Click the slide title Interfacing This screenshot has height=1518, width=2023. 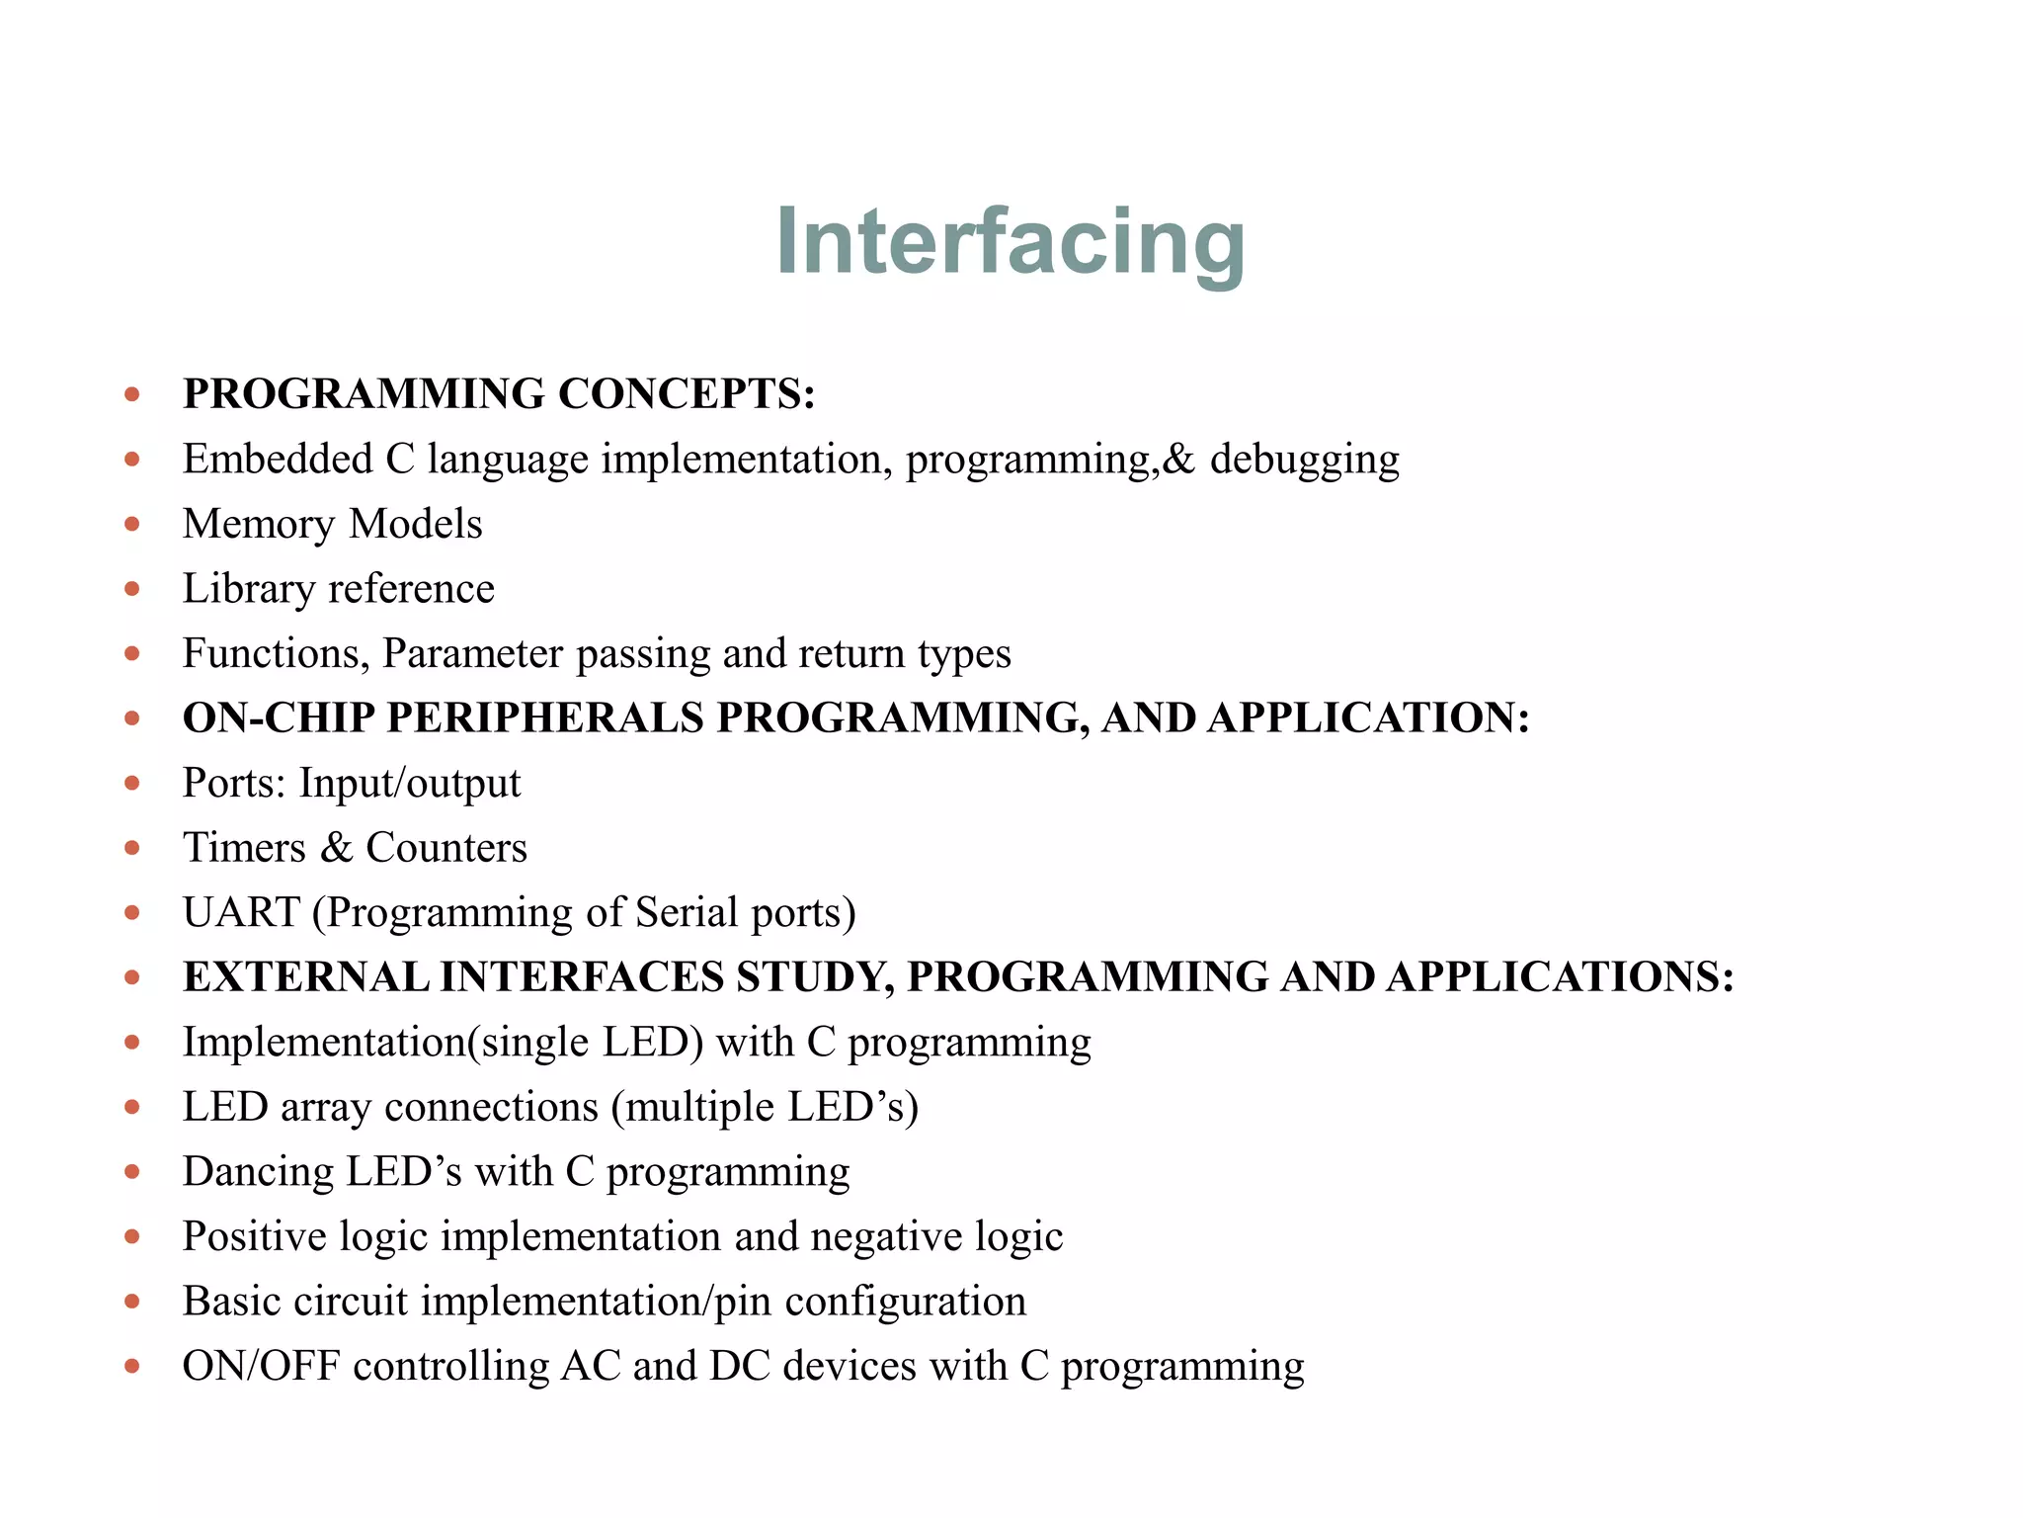coord(1010,241)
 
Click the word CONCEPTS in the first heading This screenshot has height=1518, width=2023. coord(687,394)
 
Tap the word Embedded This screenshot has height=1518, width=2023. coord(278,460)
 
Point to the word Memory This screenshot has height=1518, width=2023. coord(259,525)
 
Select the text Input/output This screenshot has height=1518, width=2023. coord(410,784)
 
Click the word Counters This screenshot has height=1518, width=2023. coord(446,848)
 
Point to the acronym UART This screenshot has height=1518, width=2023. coord(241,913)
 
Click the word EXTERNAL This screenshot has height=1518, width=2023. coord(305,977)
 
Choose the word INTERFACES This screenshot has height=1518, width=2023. coord(583,977)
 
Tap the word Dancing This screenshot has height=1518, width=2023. coord(258,1173)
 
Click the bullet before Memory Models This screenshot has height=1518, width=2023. coord(132,525)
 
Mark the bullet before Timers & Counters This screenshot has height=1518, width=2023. coord(132,848)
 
